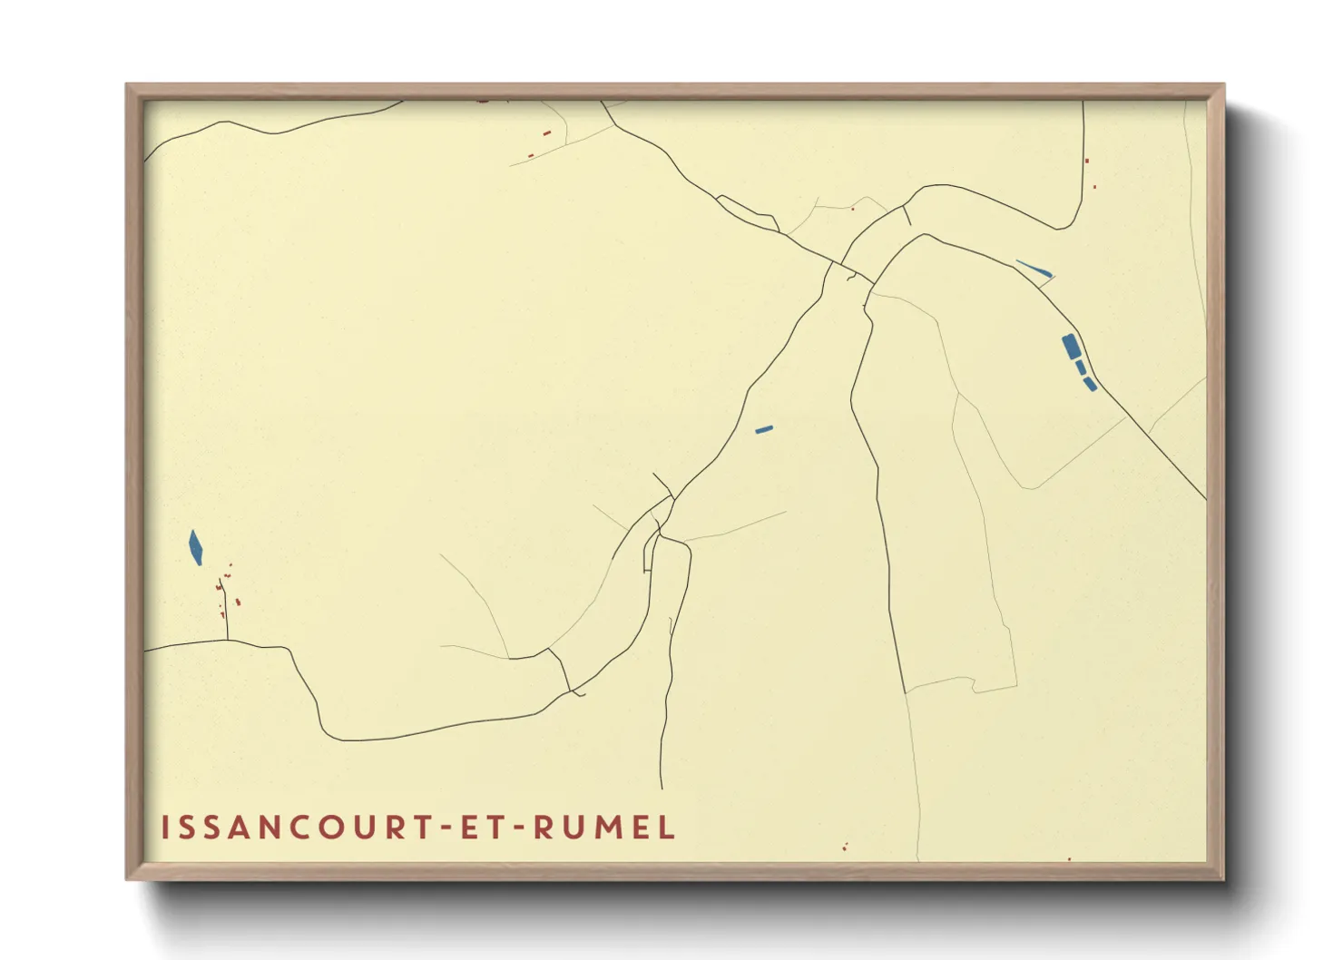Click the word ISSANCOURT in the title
click(294, 828)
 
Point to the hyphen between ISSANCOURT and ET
click(446, 828)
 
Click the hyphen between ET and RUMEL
click(520, 828)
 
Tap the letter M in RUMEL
click(618, 828)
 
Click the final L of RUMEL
click(668, 828)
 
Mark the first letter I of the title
click(165, 828)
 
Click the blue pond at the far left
click(195, 547)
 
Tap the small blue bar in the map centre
click(764, 429)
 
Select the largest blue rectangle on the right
click(1071, 346)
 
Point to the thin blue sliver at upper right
click(1034, 268)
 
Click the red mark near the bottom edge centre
click(845, 847)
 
